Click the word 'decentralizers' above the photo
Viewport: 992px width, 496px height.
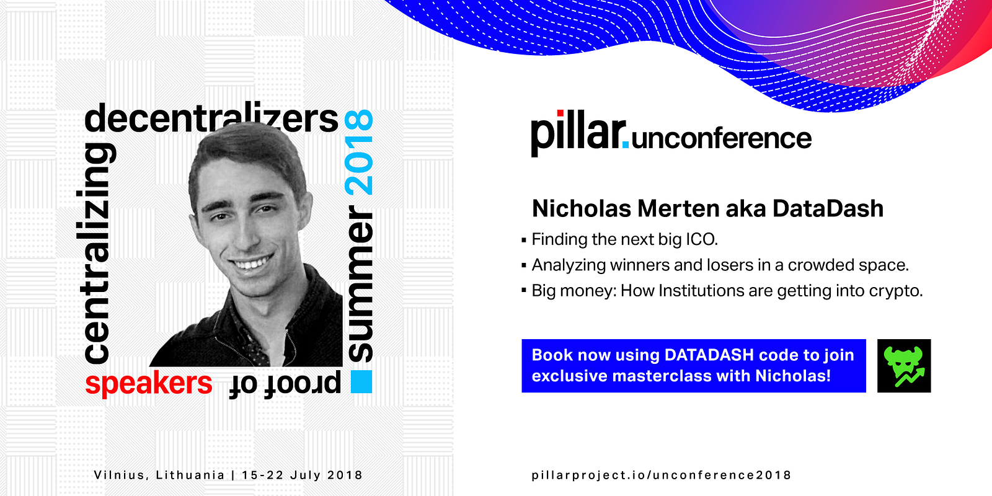point(211,118)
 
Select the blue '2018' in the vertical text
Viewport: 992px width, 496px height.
point(359,153)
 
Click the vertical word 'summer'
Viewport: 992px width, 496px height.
point(360,283)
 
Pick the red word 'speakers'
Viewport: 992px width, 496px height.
point(149,383)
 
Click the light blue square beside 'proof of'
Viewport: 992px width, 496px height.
point(361,382)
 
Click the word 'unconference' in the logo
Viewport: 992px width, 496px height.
point(722,138)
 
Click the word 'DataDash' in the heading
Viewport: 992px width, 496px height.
point(828,208)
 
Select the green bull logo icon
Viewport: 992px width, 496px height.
point(904,366)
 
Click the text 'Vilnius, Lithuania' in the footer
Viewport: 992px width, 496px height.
point(159,475)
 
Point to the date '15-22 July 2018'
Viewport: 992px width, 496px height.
point(303,475)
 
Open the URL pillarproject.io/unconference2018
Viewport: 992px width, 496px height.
point(661,475)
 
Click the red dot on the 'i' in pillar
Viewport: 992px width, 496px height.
point(560,113)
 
